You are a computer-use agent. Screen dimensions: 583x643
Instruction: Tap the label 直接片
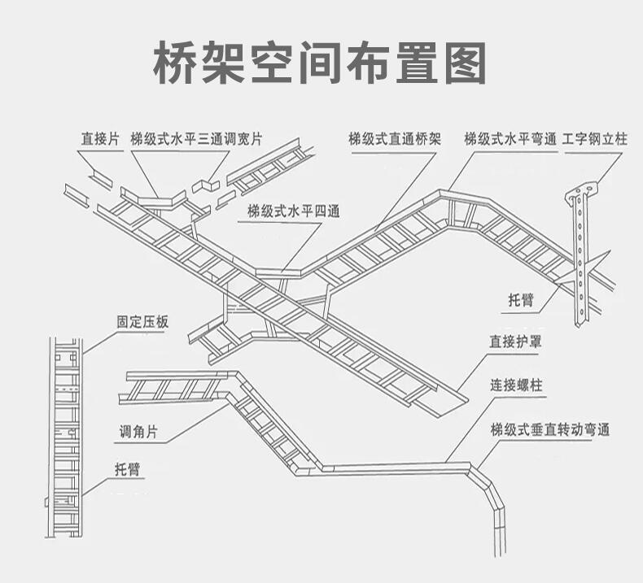click(99, 139)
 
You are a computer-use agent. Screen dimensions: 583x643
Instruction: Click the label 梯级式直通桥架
click(394, 139)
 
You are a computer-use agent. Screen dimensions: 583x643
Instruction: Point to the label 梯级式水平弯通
click(510, 139)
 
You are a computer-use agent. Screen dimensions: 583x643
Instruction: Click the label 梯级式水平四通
click(294, 211)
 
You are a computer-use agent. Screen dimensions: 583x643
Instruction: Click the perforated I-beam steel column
click(581, 260)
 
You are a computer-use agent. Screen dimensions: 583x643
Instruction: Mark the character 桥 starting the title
click(180, 62)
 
